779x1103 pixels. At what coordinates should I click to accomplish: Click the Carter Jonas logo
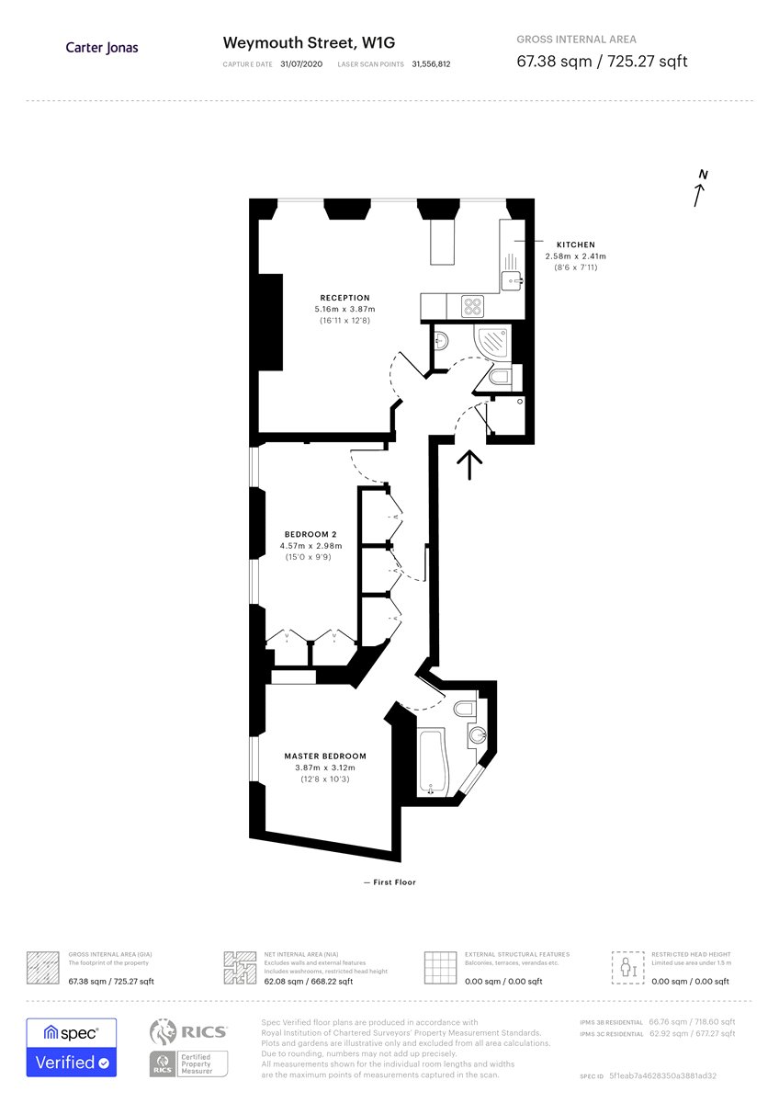click(x=102, y=48)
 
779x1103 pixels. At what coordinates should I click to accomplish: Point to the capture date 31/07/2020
click(x=302, y=64)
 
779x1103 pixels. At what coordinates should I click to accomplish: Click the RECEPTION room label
click(x=344, y=298)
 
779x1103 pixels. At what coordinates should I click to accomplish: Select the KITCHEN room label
click(x=575, y=244)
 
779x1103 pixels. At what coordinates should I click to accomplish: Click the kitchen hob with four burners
click(x=472, y=305)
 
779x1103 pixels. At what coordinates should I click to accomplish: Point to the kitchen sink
click(x=511, y=278)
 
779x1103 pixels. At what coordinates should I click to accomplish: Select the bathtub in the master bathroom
click(x=430, y=761)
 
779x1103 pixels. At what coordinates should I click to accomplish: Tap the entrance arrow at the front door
click(x=469, y=464)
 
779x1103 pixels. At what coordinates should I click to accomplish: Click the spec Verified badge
click(x=72, y=1047)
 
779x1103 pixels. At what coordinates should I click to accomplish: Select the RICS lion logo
click(x=163, y=1033)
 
